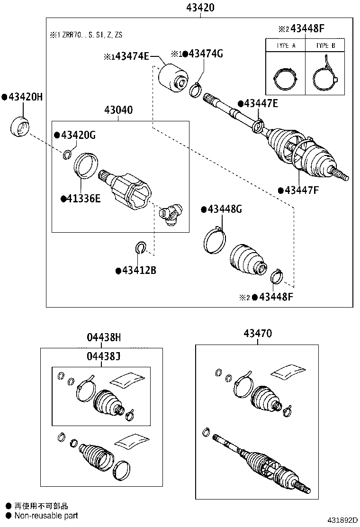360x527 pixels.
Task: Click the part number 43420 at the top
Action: (201, 7)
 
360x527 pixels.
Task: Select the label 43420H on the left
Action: (25, 97)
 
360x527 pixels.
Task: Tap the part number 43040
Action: (118, 110)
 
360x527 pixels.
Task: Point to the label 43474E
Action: (129, 57)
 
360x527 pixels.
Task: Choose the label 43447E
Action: (261, 103)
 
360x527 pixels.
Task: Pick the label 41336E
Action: (83, 198)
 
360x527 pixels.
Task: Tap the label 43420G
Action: (78, 136)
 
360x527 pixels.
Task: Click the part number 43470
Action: (258, 333)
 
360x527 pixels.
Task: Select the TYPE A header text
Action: (286, 46)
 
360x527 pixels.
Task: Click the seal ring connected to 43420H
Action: (19, 126)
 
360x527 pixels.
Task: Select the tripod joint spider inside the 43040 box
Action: (171, 213)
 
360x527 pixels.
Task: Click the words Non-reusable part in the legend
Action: (46, 516)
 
